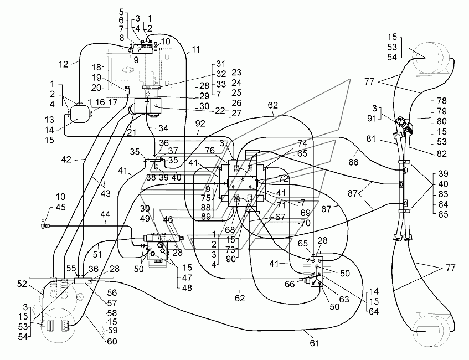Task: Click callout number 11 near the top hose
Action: [195, 49]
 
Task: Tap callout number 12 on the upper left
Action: [64, 64]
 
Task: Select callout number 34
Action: [163, 128]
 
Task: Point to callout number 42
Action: [66, 160]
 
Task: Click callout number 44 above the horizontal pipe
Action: [105, 214]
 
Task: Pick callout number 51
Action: [97, 254]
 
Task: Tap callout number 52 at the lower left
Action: [22, 284]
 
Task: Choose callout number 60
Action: [112, 341]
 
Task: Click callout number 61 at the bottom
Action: [315, 343]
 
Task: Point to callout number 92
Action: [200, 124]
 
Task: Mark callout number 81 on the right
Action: [371, 139]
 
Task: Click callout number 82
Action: [441, 153]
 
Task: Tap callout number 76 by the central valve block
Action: [210, 150]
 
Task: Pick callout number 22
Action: [220, 110]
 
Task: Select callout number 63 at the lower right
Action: [344, 299]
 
